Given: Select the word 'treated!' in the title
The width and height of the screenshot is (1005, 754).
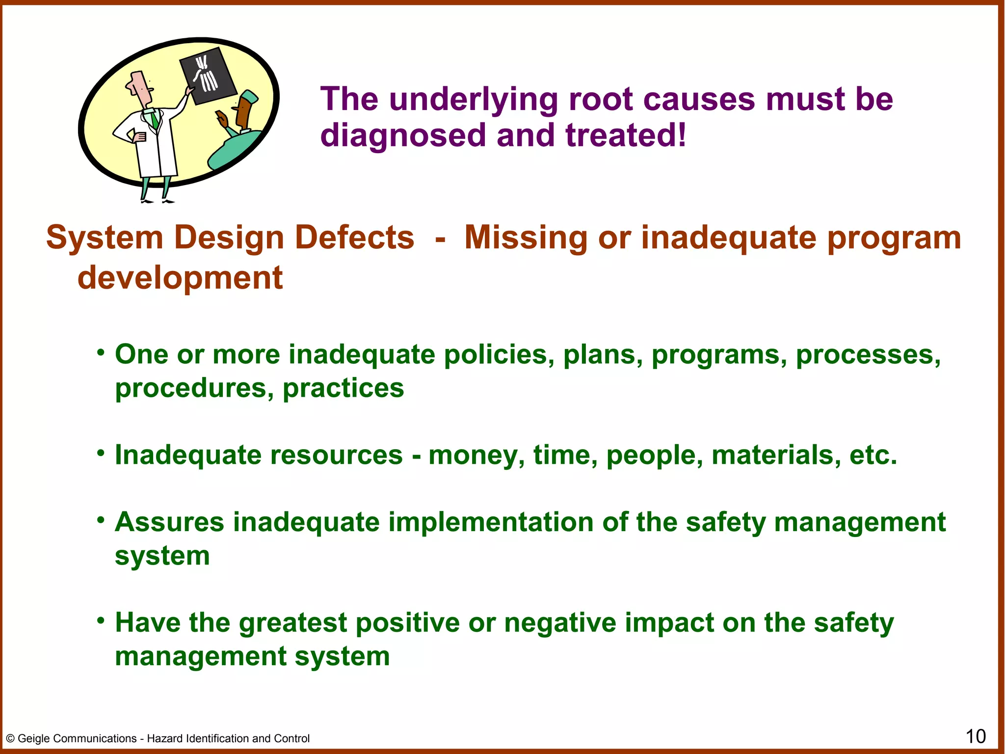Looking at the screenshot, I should click(x=626, y=135).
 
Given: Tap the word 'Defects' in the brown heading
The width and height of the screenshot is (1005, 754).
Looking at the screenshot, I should click(x=355, y=238).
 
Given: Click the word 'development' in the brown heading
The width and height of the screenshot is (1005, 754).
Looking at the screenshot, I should click(x=180, y=278).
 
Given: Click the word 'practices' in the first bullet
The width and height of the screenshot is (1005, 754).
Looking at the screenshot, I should click(x=344, y=388).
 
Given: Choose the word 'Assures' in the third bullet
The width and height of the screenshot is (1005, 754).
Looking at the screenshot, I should click(x=169, y=522).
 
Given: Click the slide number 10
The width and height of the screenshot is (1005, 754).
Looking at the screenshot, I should click(x=976, y=736).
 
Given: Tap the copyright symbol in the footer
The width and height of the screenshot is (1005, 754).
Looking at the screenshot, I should click(x=10, y=739).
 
